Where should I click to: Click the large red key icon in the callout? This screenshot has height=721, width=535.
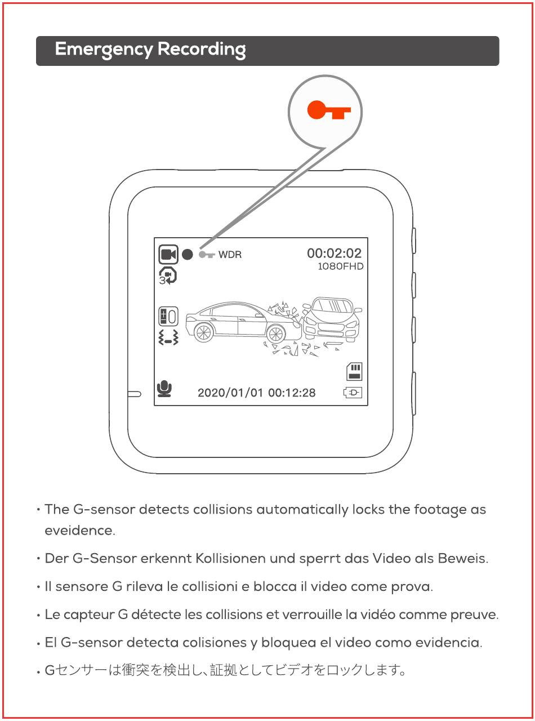pyautogui.click(x=329, y=110)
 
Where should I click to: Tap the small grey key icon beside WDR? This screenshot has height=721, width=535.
pyautogui.click(x=207, y=255)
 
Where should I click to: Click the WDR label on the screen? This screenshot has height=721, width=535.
pyautogui.click(x=230, y=255)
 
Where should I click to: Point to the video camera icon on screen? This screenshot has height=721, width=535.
pyautogui.click(x=168, y=254)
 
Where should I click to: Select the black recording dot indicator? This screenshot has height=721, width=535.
pyautogui.click(x=187, y=255)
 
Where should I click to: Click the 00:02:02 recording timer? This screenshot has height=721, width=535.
pyautogui.click(x=334, y=253)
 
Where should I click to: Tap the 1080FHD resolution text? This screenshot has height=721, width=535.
pyautogui.click(x=340, y=266)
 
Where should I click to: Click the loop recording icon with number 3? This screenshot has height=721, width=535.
pyautogui.click(x=168, y=276)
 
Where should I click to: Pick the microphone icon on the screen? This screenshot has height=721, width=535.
pyautogui.click(x=164, y=389)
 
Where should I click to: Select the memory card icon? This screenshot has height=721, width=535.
pyautogui.click(x=354, y=371)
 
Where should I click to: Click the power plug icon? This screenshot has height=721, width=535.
pyautogui.click(x=353, y=393)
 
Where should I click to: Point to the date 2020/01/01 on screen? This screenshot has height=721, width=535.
pyautogui.click(x=230, y=393)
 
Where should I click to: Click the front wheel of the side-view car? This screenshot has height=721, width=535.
pyautogui.click(x=275, y=333)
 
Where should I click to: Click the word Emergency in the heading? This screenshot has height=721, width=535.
pyautogui.click(x=104, y=50)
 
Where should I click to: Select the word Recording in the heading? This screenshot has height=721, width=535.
pyautogui.click(x=202, y=50)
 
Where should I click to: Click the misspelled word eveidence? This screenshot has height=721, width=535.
pyautogui.click(x=80, y=531)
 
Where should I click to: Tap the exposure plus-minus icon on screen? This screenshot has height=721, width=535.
pyautogui.click(x=168, y=316)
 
